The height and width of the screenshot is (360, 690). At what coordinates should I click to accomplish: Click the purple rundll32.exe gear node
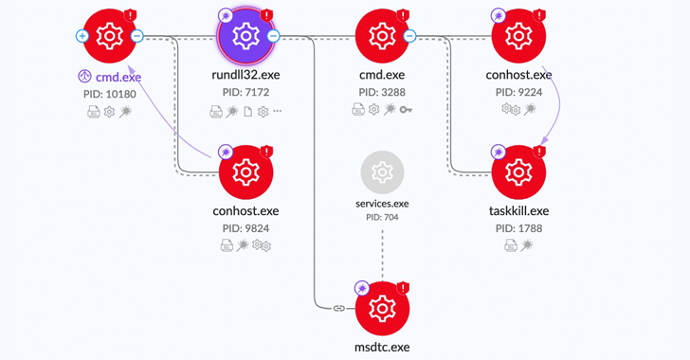246,36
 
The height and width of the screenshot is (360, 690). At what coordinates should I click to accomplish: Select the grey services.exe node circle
382,172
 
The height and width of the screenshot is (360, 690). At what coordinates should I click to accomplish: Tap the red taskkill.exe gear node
518,172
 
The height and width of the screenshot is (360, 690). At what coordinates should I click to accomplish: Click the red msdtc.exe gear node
382,309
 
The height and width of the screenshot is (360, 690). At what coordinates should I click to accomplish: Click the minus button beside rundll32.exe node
273,36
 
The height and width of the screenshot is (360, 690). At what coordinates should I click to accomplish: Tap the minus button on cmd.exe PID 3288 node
409,36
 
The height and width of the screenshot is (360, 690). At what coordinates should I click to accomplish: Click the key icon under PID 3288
406,111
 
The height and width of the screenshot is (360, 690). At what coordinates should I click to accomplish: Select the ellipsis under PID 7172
278,111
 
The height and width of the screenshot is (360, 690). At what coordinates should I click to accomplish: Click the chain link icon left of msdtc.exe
339,309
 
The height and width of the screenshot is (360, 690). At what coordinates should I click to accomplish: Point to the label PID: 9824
246,228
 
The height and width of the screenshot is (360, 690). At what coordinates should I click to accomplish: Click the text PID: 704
382,217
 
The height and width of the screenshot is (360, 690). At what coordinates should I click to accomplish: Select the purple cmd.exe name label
118,76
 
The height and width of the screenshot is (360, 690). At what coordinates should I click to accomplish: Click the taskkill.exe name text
518,210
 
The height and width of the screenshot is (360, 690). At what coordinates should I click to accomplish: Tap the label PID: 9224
518,92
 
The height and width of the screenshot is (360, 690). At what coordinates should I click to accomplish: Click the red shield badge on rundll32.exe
267,15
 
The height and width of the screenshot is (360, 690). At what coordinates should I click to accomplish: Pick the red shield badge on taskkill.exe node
539,152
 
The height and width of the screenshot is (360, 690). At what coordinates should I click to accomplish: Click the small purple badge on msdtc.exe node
361,288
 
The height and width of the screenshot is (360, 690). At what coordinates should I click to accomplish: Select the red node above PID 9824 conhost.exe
246,172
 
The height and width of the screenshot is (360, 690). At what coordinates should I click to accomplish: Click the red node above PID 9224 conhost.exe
518,36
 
